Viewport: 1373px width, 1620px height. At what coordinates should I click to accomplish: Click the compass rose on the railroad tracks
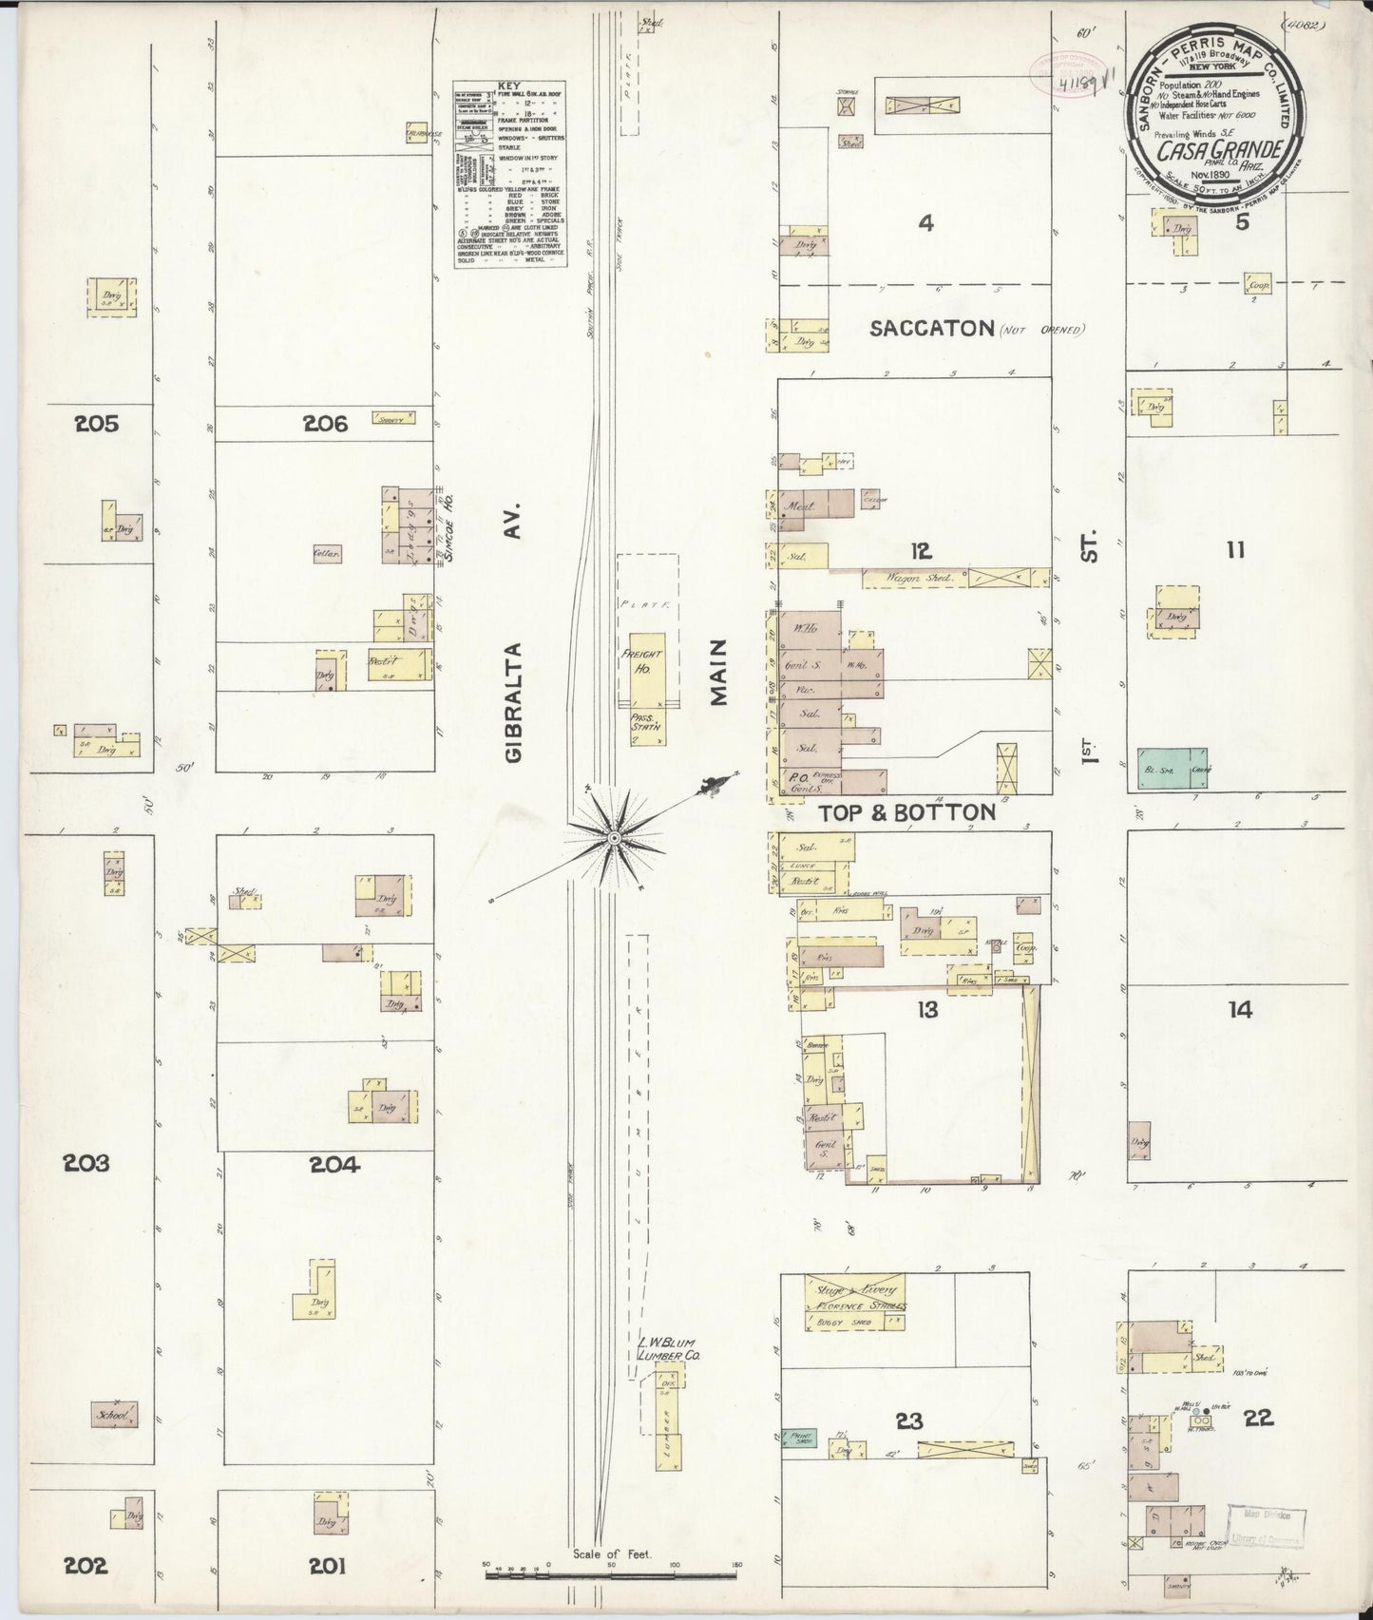pyautogui.click(x=614, y=837)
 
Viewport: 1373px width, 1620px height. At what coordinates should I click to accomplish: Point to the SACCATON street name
pyautogui.click(x=930, y=329)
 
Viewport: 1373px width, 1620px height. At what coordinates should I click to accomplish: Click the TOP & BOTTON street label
pyautogui.click(x=906, y=812)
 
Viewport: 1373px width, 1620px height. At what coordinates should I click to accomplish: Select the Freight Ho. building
pyautogui.click(x=642, y=662)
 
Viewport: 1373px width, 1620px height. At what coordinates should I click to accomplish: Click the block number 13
pyautogui.click(x=927, y=1010)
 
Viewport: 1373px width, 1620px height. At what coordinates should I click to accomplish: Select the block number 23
pyautogui.click(x=909, y=1421)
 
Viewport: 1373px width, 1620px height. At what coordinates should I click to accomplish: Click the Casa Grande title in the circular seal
pyautogui.click(x=1233, y=150)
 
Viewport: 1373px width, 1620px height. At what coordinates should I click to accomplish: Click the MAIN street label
pyautogui.click(x=719, y=673)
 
